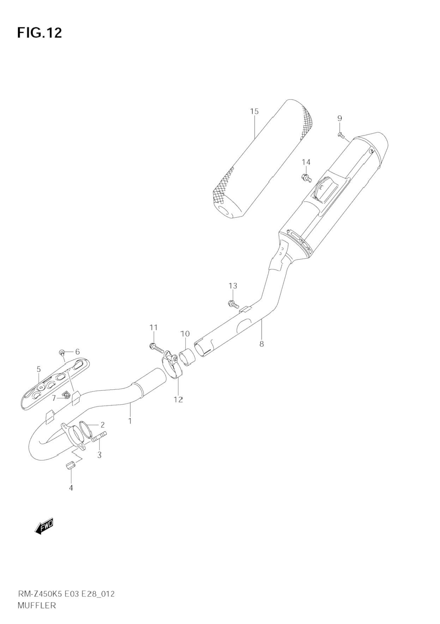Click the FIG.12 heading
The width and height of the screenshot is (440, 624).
[40, 32]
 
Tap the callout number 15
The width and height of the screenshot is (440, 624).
[254, 112]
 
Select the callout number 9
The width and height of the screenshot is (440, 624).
[339, 118]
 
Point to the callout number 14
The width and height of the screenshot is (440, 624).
[306, 162]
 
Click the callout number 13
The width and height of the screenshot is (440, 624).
[233, 286]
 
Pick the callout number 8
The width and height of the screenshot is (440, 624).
[261, 344]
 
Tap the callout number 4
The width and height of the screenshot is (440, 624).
[71, 488]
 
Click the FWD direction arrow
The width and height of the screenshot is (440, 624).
[44, 528]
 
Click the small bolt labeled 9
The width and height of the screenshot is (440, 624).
[340, 135]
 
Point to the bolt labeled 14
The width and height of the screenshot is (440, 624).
[306, 178]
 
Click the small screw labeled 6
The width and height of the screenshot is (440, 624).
[62, 352]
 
